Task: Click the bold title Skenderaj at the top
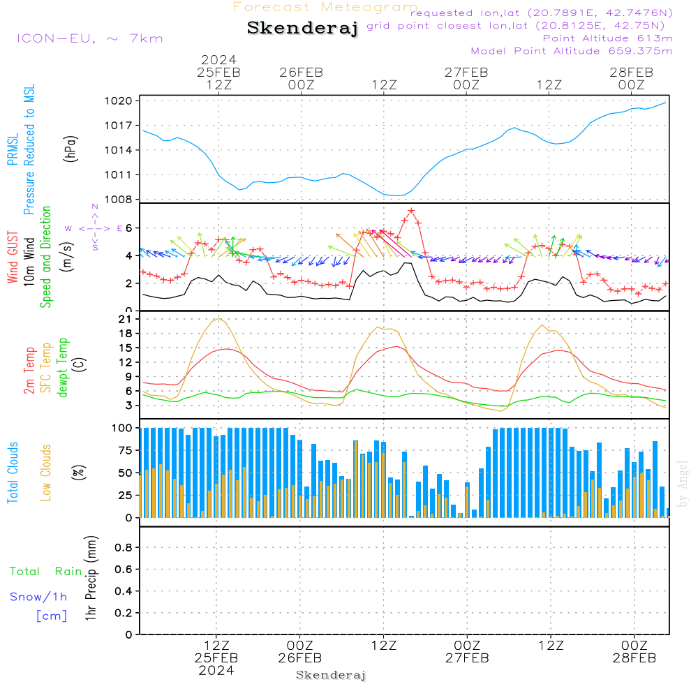click(x=302, y=28)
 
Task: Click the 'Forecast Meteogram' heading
click(x=325, y=7)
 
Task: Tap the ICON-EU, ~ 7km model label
click(x=89, y=38)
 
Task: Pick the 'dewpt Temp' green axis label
click(x=63, y=368)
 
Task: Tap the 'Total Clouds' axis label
click(x=12, y=472)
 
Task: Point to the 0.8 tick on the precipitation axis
click(x=123, y=548)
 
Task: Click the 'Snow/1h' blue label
click(x=38, y=597)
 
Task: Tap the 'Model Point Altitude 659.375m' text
click(x=572, y=51)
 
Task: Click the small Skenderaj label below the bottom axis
click(x=331, y=675)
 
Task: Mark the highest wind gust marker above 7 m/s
click(x=411, y=210)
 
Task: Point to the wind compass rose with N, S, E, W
click(x=95, y=228)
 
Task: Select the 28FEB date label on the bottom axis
click(x=634, y=658)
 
